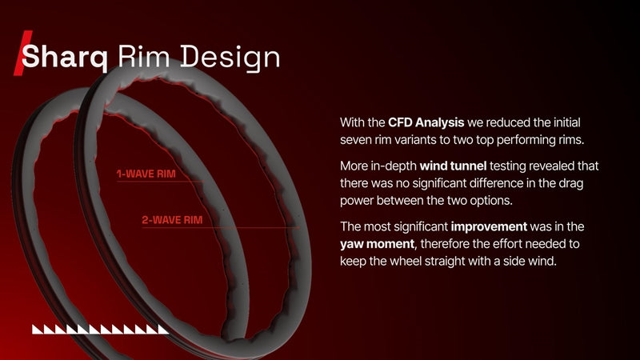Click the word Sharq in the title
tap(65, 57)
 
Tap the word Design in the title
tap(230, 58)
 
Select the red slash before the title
tap(22, 53)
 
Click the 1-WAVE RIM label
tap(146, 174)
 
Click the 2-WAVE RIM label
tap(172, 220)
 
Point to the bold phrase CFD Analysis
tap(426, 122)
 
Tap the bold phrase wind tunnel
tap(453, 166)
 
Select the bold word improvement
tap(489, 226)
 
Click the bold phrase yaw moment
tap(377, 244)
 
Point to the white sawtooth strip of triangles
tap(101, 330)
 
